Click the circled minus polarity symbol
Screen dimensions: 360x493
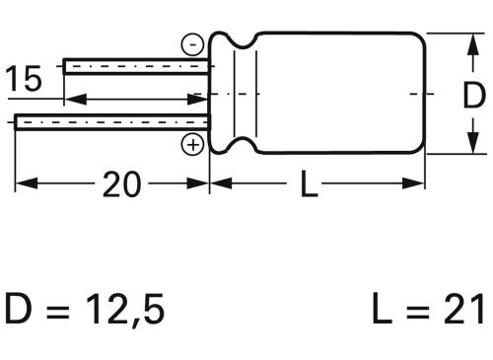[193, 43]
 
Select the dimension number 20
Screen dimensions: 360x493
[122, 184]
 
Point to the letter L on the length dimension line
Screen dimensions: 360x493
[310, 184]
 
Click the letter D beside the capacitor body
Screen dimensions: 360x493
[473, 96]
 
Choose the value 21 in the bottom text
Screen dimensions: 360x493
[464, 311]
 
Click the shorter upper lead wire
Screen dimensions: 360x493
[137, 66]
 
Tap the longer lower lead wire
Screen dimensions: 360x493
[112, 122]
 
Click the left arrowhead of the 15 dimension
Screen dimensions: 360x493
[72, 100]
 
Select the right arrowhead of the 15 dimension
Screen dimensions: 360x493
[202, 100]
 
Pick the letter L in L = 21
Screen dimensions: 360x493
[384, 311]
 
